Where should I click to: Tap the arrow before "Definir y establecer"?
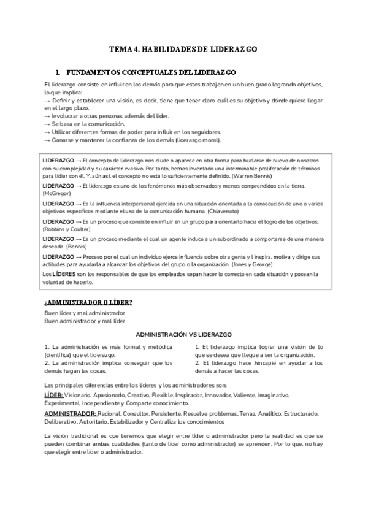click(48, 100)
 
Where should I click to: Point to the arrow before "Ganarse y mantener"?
click(48, 140)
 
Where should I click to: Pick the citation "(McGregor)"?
click(57, 193)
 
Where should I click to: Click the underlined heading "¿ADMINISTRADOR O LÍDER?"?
click(88, 302)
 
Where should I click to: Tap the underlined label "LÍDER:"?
click(54, 396)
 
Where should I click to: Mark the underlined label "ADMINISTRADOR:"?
click(69, 414)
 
